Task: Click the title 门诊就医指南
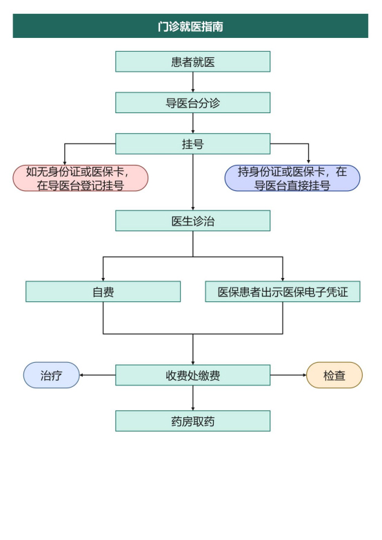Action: coord(190,27)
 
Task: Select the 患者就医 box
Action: coord(192,62)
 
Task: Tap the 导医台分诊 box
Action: coord(192,103)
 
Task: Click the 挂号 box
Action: coord(192,143)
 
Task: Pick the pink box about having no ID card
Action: coord(81,178)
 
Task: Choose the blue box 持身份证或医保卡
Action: coord(292,178)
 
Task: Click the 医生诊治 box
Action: coord(192,221)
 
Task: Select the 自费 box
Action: coord(103,291)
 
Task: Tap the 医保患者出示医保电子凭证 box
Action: coord(283,291)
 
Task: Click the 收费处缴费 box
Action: coord(192,375)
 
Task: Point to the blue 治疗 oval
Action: coord(52,375)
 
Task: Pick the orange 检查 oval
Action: coord(334,375)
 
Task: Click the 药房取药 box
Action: coord(192,421)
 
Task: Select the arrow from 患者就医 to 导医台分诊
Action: coord(193,82)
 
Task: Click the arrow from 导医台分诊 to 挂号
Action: coord(193,123)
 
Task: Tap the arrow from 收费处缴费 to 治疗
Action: coord(97,375)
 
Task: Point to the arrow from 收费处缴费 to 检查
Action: coord(288,375)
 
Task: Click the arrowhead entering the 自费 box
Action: coord(103,277)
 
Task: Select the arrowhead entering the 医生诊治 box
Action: coord(193,207)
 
